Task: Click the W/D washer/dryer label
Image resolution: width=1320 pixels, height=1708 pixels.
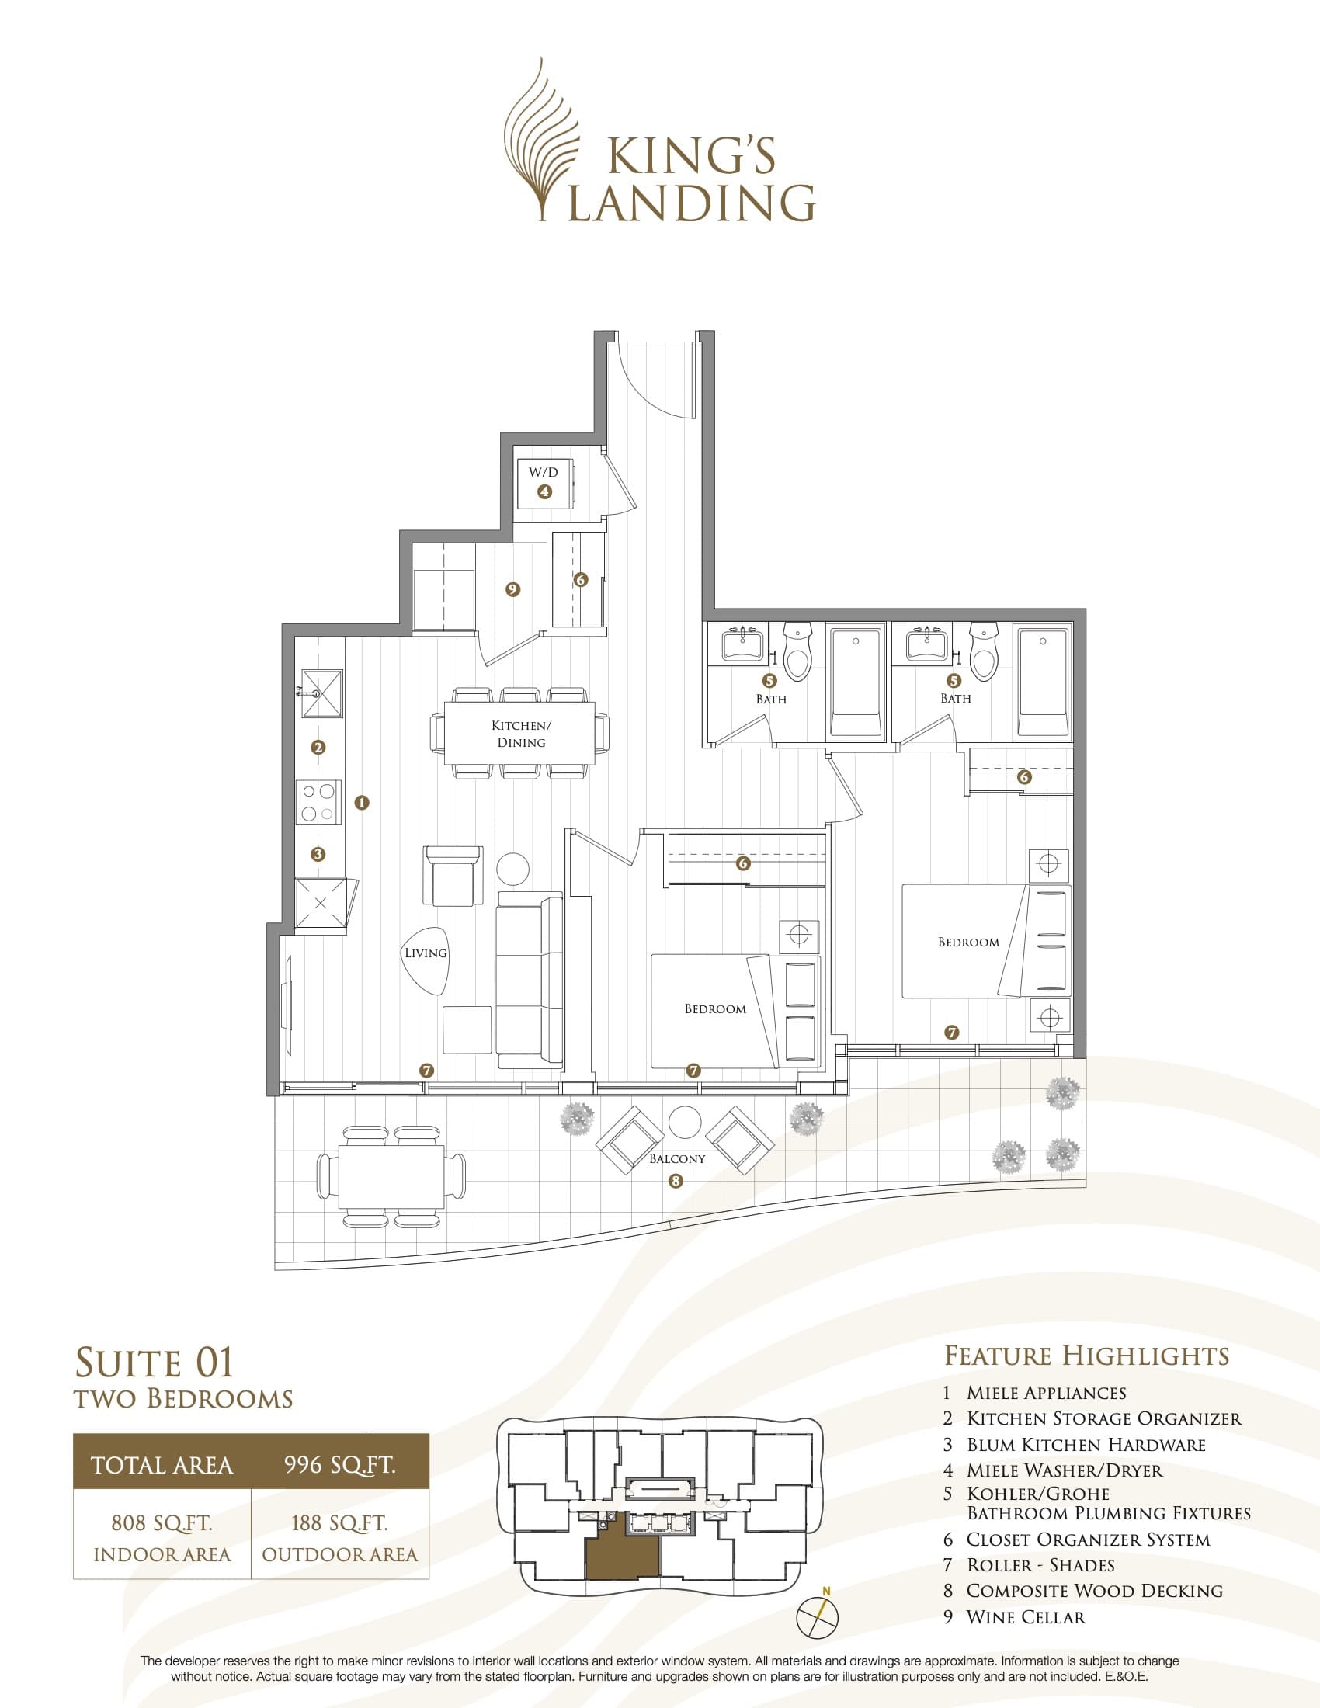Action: tap(544, 472)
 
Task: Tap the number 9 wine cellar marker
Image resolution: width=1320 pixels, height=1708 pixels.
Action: tap(513, 589)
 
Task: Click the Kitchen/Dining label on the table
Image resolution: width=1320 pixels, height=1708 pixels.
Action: tap(521, 734)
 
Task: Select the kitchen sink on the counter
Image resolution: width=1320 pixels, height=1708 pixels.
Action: tap(322, 693)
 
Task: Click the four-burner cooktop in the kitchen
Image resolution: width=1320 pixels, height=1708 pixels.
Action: tap(319, 802)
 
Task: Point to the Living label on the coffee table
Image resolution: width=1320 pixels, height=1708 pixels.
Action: tap(426, 953)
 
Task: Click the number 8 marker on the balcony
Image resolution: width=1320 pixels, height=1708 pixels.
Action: tap(676, 1181)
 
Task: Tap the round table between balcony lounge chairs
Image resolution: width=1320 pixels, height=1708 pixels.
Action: tap(686, 1123)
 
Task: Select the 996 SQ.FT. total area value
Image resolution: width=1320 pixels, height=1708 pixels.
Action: tap(339, 1465)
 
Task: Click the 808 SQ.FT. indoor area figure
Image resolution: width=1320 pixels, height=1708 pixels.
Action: tap(162, 1522)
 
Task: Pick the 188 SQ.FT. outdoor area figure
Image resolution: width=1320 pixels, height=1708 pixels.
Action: tap(339, 1522)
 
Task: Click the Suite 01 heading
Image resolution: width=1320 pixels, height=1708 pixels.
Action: tap(155, 1363)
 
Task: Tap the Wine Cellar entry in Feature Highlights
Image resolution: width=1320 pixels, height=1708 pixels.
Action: tap(1025, 1616)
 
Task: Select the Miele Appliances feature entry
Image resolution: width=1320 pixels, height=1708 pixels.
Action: tap(1046, 1393)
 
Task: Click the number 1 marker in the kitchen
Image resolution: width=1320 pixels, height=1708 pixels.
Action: tap(361, 803)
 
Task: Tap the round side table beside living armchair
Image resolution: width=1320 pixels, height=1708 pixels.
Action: tap(513, 868)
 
